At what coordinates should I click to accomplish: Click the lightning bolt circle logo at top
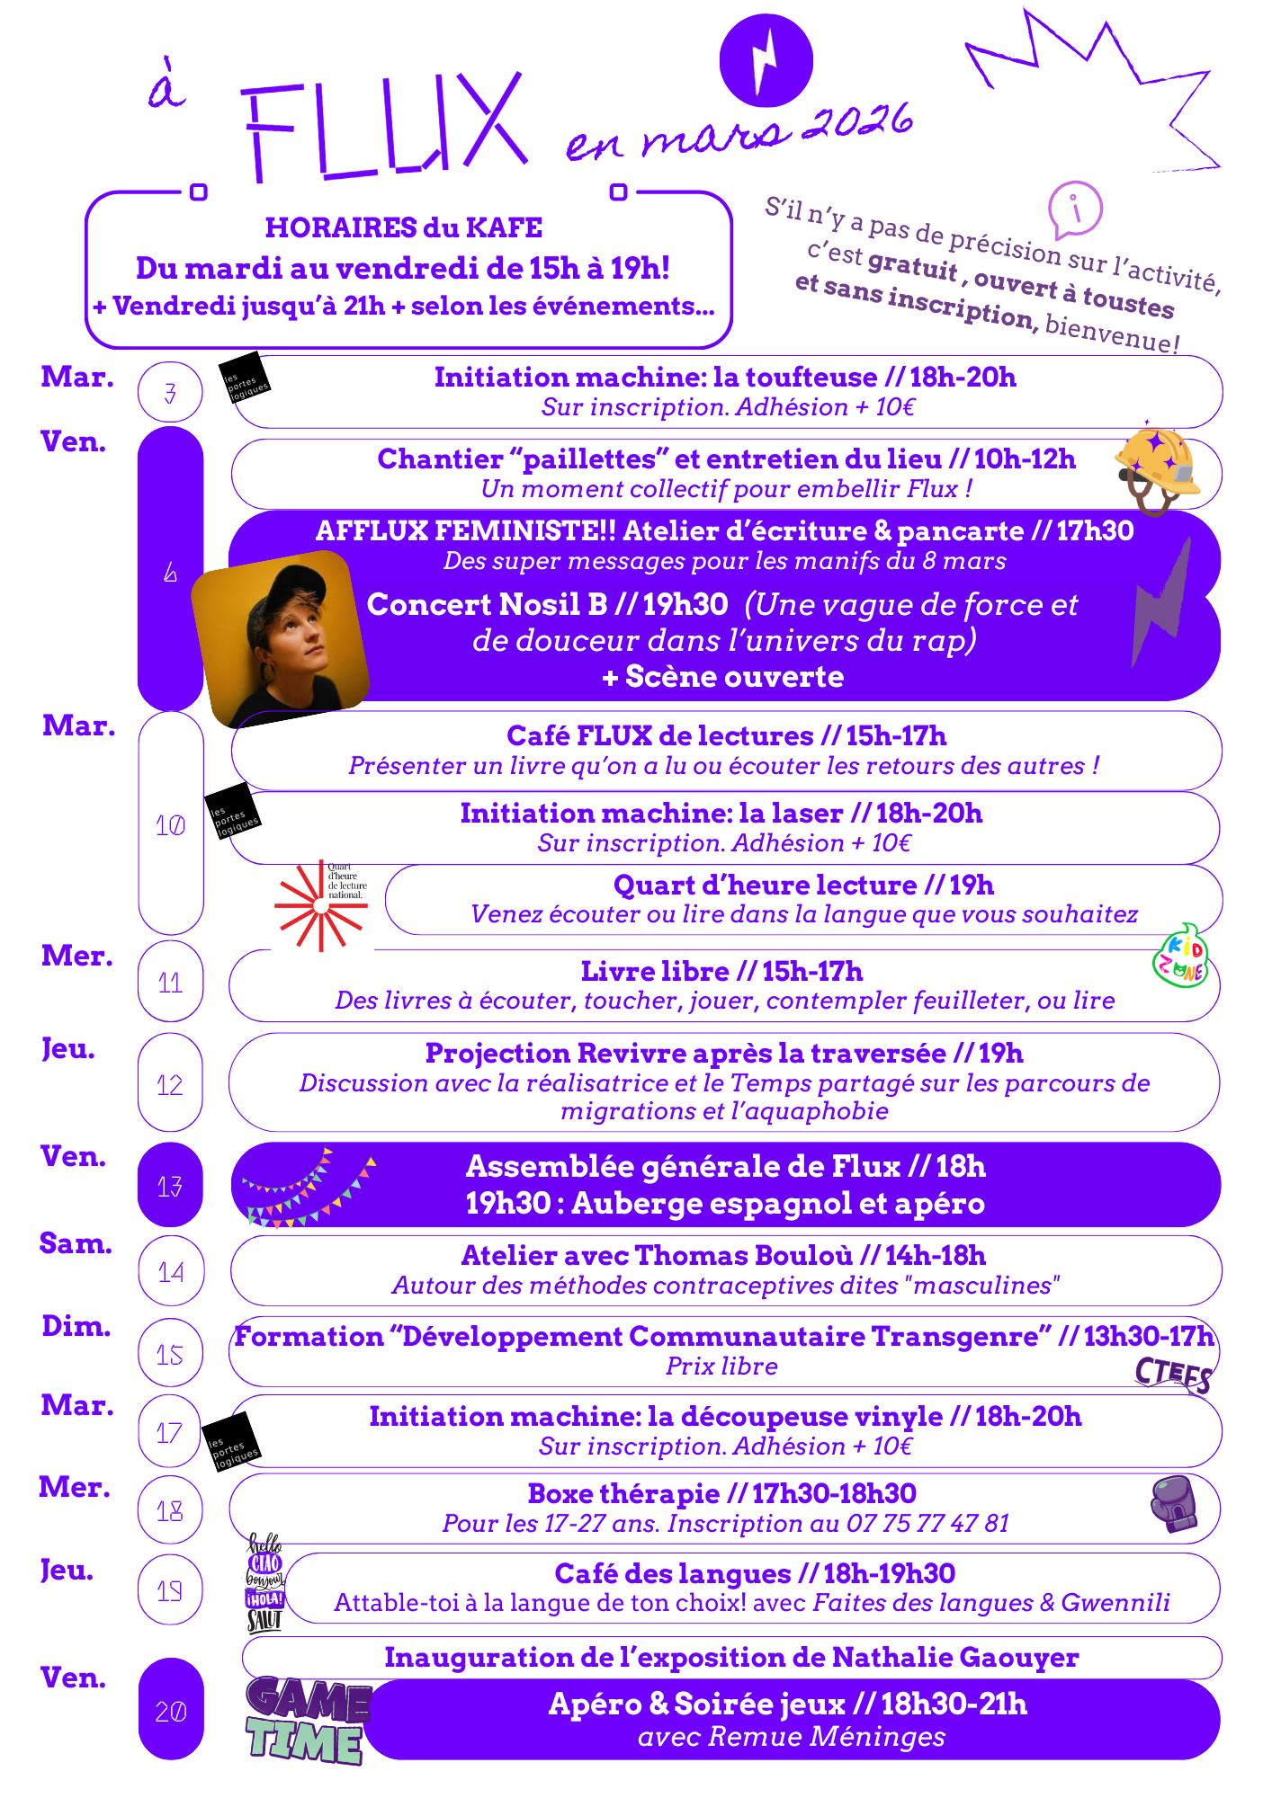[766, 60]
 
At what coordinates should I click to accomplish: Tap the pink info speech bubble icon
[1075, 209]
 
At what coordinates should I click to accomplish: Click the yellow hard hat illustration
[1158, 467]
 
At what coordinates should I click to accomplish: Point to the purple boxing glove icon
[1175, 1503]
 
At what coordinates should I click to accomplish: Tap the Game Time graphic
[307, 1720]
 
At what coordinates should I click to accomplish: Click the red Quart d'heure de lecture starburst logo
[320, 905]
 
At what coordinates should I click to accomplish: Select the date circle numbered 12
[170, 1084]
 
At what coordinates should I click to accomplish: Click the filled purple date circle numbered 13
[170, 1186]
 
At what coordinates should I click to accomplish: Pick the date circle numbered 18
[170, 1510]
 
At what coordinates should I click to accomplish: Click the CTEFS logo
[1173, 1374]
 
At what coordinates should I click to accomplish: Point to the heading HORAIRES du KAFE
[403, 227]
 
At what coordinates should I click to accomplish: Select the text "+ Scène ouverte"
[723, 676]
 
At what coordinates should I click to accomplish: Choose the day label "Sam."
[76, 1243]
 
